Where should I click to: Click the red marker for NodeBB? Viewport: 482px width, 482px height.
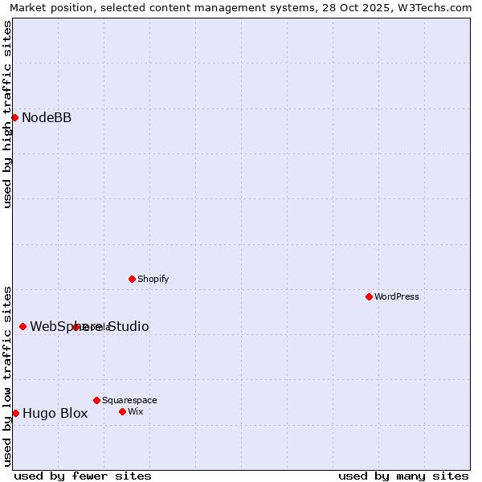[x=14, y=117]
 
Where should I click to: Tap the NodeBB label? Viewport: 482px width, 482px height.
[x=47, y=118]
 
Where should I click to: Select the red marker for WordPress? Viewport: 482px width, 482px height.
[x=369, y=296]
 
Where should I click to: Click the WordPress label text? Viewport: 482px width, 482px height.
[x=397, y=296]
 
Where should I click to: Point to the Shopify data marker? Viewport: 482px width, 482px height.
[x=132, y=279]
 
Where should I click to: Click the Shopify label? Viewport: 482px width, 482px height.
[x=153, y=279]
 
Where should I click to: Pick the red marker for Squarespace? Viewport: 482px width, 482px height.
[x=96, y=400]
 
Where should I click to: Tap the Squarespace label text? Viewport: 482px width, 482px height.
[x=129, y=400]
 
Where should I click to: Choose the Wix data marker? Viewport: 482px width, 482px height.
[x=122, y=411]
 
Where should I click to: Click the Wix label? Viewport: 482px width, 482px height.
[x=135, y=411]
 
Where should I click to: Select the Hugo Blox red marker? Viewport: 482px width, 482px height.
[x=15, y=413]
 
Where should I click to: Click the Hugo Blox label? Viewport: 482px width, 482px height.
[x=55, y=414]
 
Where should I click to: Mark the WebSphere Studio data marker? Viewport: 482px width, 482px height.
[x=22, y=326]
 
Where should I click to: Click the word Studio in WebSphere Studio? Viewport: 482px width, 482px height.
[x=129, y=326]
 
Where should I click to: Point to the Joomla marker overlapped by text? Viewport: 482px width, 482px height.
[x=76, y=327]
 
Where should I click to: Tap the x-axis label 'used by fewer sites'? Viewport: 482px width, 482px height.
[x=83, y=476]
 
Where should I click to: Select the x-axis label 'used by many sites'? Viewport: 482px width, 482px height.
[x=403, y=476]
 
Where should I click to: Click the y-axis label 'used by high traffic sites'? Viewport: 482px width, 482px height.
[x=7, y=114]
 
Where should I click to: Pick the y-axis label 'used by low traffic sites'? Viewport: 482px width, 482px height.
[x=7, y=375]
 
